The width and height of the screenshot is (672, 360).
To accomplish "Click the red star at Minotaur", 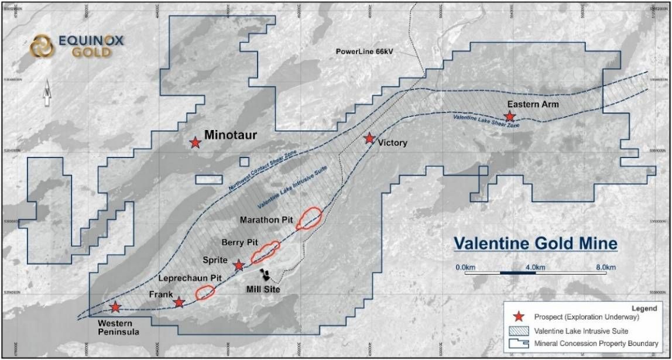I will (x=195, y=142).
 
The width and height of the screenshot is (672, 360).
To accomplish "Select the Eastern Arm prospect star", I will (x=510, y=117).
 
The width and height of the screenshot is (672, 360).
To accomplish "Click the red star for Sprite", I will (x=239, y=266).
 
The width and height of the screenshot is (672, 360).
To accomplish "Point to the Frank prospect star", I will (x=179, y=303).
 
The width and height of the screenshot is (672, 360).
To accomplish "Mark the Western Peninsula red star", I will (x=116, y=307).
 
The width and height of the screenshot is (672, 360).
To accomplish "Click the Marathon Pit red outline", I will (x=308, y=218).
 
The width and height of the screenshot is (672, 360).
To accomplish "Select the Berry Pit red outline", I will (x=265, y=252).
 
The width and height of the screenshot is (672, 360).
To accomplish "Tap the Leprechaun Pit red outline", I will (x=205, y=292).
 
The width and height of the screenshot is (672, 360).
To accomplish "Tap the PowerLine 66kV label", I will (x=364, y=52).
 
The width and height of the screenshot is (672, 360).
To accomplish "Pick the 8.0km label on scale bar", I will (x=605, y=268).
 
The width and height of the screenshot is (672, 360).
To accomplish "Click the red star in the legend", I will (x=518, y=317).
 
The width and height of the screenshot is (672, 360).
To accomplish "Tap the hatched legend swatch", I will (x=518, y=331).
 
